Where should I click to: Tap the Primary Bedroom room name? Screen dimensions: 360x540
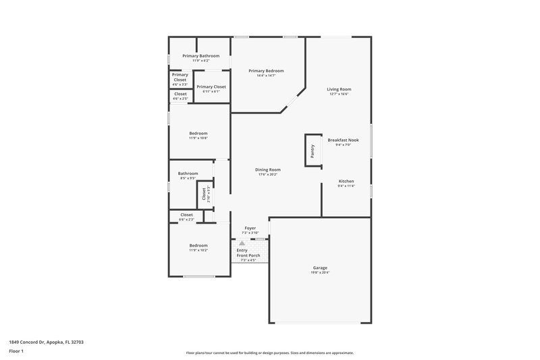click(x=266, y=71)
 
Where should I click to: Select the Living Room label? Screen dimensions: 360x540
click(x=339, y=89)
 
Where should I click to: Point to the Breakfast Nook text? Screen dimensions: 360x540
click(x=348, y=140)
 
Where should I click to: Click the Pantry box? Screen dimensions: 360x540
click(x=312, y=149)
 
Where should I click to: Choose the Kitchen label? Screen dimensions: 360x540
click(x=346, y=181)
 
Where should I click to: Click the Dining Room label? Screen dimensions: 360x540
click(x=267, y=170)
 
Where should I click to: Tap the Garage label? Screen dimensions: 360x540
click(x=320, y=267)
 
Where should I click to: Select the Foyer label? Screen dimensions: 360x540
click(x=250, y=228)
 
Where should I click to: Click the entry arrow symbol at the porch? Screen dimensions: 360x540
click(x=242, y=243)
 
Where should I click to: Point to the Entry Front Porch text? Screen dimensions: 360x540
click(x=248, y=253)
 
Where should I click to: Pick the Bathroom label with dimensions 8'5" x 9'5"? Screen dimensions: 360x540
click(x=188, y=174)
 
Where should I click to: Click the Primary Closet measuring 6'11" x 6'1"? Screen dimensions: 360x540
click(x=211, y=87)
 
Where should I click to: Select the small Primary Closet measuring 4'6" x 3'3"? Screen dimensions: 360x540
click(x=180, y=77)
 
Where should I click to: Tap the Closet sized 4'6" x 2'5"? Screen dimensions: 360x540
click(x=180, y=94)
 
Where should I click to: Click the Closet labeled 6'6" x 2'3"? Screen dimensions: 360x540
click(x=186, y=215)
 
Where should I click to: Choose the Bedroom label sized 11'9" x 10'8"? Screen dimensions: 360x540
click(x=198, y=134)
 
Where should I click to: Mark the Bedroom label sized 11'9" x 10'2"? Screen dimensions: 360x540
click(x=198, y=246)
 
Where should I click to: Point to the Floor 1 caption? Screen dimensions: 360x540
click(x=17, y=352)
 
